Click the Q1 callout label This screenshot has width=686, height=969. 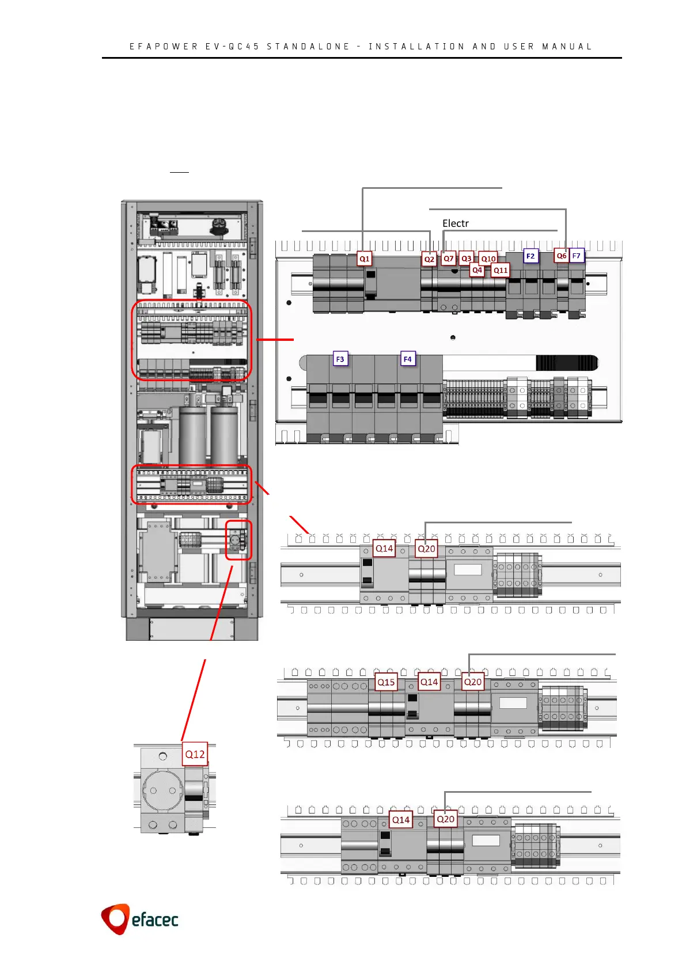click(x=365, y=259)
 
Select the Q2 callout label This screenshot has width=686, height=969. click(x=429, y=260)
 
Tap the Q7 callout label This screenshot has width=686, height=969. click(x=449, y=259)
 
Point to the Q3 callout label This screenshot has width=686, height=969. click(x=467, y=259)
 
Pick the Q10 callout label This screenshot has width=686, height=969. click(x=488, y=259)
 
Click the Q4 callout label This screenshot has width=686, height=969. click(x=477, y=270)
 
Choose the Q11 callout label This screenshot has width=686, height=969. click(x=501, y=270)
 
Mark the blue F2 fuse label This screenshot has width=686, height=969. click(x=530, y=256)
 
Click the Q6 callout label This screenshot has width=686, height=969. click(x=562, y=256)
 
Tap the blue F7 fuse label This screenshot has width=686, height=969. click(x=577, y=256)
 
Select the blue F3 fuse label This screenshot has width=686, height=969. click(x=340, y=359)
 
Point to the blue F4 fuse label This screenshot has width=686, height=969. click(x=408, y=359)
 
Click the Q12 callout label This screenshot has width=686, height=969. click(x=195, y=754)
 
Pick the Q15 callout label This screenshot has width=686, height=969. click(x=386, y=682)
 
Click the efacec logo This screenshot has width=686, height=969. click(x=140, y=919)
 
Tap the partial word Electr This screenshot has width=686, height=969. click(x=456, y=223)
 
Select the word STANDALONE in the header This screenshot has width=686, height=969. click(x=308, y=47)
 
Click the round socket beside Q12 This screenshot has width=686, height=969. click(x=163, y=791)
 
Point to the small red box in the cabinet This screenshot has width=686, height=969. click(x=238, y=540)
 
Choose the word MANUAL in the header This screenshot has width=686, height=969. click(x=567, y=47)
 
